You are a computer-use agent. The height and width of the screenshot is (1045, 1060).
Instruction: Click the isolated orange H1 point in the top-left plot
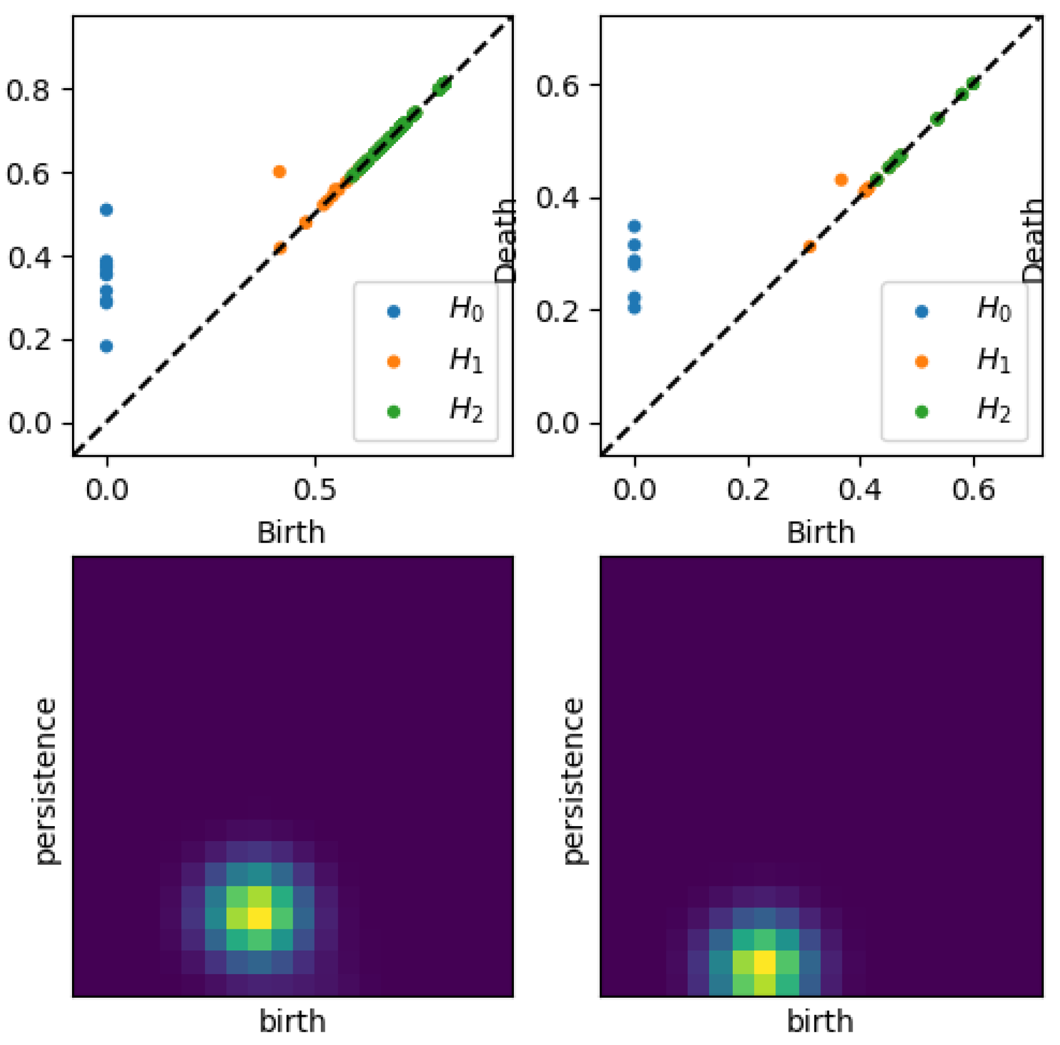(x=279, y=172)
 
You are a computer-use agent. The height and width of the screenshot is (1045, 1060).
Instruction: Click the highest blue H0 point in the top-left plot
(x=106, y=210)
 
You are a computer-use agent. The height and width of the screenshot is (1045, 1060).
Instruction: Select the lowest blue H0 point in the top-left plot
(x=106, y=346)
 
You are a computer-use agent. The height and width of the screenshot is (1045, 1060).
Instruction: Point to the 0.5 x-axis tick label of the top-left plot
(x=315, y=490)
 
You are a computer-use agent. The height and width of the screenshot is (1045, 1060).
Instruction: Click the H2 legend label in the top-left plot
(x=466, y=411)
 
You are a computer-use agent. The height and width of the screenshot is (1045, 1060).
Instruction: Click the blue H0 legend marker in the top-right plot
(x=921, y=312)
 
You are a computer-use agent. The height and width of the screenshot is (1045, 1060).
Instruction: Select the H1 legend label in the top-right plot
(x=994, y=361)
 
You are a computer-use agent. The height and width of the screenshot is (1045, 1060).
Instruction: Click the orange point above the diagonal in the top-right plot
(x=841, y=180)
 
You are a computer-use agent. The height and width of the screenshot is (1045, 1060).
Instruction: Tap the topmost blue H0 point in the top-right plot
(x=634, y=226)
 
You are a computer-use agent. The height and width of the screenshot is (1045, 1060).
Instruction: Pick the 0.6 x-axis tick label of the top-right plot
(x=973, y=490)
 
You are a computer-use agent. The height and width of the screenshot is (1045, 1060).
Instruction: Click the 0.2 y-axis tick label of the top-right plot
(x=557, y=312)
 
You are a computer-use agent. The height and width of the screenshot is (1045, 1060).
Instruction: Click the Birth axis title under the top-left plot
(x=291, y=532)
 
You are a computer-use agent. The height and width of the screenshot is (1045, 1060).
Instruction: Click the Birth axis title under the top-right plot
(x=820, y=532)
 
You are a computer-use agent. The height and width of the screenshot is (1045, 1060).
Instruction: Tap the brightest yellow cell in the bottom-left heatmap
(x=259, y=917)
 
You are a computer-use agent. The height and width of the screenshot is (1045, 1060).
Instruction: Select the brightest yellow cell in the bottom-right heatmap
(x=764, y=961)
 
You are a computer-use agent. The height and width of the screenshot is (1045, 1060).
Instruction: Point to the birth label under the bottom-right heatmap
(x=820, y=1021)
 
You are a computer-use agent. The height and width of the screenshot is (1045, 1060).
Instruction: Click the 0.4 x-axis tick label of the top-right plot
(x=860, y=490)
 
